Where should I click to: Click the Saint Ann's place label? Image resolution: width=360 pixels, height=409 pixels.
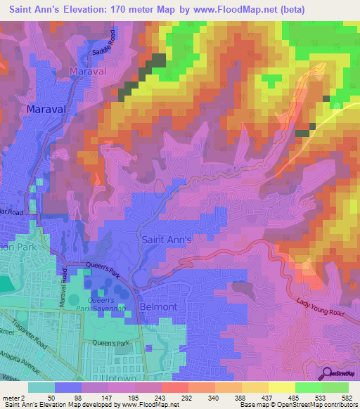tap(168, 240)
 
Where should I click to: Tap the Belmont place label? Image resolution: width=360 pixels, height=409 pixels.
tap(163, 307)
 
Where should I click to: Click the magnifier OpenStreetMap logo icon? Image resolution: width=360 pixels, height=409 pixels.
tap(327, 372)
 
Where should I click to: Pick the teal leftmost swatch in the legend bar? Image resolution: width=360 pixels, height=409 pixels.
tap(41, 387)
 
